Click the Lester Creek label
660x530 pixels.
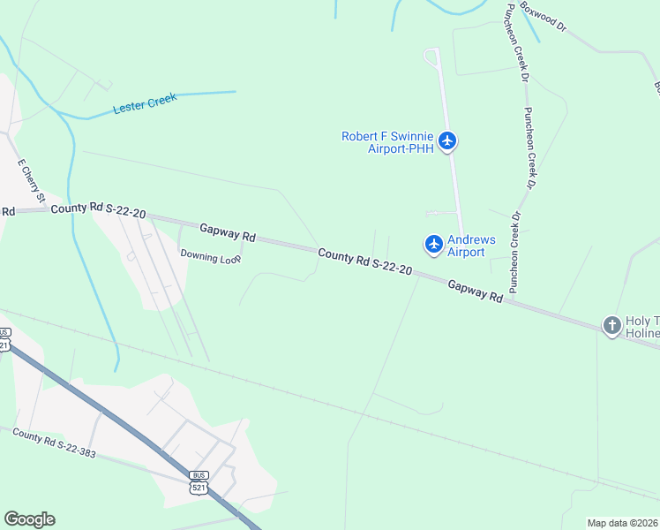145,103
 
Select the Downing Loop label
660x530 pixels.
211,257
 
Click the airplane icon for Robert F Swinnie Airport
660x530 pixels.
447,140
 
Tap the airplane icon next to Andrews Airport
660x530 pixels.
433,244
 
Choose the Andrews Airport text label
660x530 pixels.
472,246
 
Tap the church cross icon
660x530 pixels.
611,326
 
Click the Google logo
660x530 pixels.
29,519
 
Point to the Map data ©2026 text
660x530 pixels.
623,523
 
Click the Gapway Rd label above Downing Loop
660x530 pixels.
228,232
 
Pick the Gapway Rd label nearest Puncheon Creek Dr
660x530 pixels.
475,291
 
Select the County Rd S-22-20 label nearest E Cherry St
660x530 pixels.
98,211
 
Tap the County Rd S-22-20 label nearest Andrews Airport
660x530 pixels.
364,261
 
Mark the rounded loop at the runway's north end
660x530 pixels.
431,56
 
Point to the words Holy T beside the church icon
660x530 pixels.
639,322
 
